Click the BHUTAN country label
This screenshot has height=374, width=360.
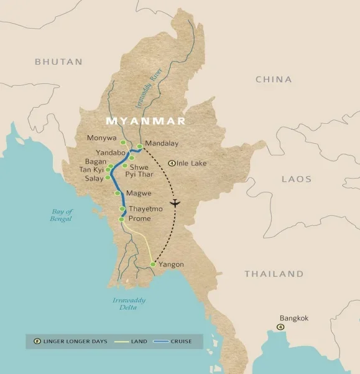pos(58,62)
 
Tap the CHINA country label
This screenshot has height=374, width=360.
pos(274,79)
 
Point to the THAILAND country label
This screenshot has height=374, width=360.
pos(274,274)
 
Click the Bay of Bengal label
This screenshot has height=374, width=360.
pos(62,215)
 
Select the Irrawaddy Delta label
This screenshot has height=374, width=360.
pos(129,303)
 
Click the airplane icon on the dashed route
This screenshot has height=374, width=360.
pos(175,203)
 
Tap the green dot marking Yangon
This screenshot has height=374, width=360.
pos(153,264)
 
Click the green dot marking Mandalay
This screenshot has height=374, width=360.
pos(140,146)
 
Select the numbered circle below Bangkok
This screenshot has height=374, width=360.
pos(280,327)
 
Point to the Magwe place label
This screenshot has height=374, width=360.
pos(138,193)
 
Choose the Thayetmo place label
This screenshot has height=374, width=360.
pos(145,209)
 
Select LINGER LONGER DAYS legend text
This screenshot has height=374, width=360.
pos(75,342)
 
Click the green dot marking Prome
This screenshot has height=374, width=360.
pos(121,220)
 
